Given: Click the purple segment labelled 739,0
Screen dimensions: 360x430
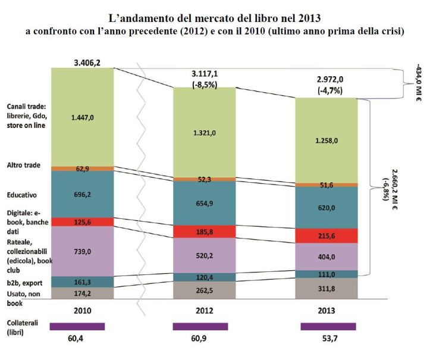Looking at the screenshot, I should tap(83, 251).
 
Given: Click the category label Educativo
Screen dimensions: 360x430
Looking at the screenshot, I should tap(21, 194).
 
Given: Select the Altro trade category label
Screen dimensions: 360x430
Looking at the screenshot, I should tap(23, 164).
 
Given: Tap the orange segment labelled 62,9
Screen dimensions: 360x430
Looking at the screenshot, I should tap(83, 169).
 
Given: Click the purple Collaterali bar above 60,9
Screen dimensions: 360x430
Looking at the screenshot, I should tap(200, 326).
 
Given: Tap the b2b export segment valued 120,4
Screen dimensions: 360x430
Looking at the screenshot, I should tap(204, 277).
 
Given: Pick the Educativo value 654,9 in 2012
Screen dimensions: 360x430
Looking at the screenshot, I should tap(204, 203).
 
